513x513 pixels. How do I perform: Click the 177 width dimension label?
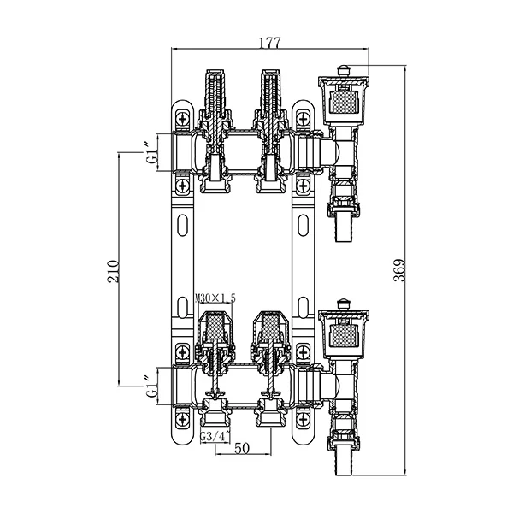[x=270, y=43]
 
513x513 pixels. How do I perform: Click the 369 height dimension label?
[x=399, y=270]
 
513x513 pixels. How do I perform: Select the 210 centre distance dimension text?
[x=113, y=271]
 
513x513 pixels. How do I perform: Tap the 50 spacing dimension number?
[x=242, y=448]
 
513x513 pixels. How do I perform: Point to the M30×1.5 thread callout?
[x=215, y=298]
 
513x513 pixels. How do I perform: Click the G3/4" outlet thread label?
[x=215, y=436]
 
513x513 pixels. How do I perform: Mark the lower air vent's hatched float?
[x=343, y=334]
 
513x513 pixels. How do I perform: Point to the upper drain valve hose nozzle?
[x=344, y=228]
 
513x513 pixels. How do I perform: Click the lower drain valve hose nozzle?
[x=344, y=462]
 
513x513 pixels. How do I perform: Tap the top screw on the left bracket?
[x=183, y=118]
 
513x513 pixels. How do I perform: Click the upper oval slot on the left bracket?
[x=183, y=225]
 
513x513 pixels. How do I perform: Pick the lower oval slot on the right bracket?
[x=304, y=307]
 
